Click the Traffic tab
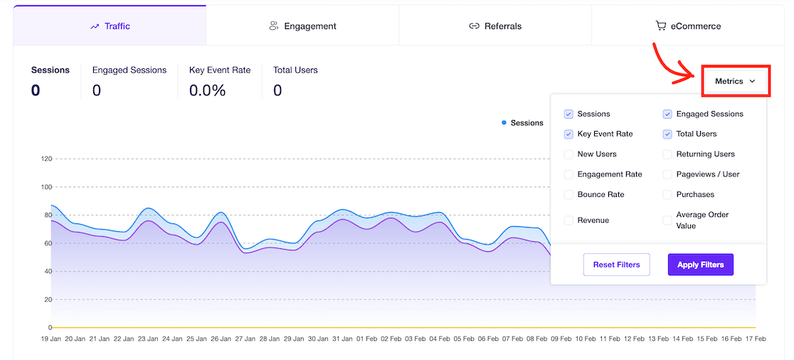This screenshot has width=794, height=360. pyautogui.click(x=110, y=26)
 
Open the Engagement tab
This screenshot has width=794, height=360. pyautogui.click(x=302, y=26)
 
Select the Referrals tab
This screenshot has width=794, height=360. pyautogui.click(x=495, y=26)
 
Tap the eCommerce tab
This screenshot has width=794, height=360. pyautogui.click(x=688, y=26)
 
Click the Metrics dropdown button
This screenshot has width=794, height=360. pyautogui.click(x=735, y=82)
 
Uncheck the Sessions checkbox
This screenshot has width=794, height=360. pyautogui.click(x=568, y=114)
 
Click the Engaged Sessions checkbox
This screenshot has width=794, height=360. pyautogui.click(x=667, y=114)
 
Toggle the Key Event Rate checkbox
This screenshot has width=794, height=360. pyautogui.click(x=568, y=134)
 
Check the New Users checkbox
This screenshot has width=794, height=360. pyautogui.click(x=568, y=154)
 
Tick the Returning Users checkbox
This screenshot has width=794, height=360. pyautogui.click(x=667, y=154)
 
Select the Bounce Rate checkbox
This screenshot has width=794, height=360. pyautogui.click(x=568, y=194)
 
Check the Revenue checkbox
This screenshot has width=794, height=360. pyautogui.click(x=568, y=221)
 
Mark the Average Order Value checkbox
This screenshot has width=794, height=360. pyautogui.click(x=667, y=221)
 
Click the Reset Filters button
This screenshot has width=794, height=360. pyautogui.click(x=616, y=265)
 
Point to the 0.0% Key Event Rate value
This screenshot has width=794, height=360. pyautogui.click(x=207, y=90)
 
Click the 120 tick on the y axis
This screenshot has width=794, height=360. pyautogui.click(x=46, y=159)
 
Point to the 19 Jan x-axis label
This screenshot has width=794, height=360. pyautogui.click(x=51, y=339)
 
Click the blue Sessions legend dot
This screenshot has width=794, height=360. pyautogui.click(x=504, y=123)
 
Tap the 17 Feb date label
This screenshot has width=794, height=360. pyautogui.click(x=754, y=339)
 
